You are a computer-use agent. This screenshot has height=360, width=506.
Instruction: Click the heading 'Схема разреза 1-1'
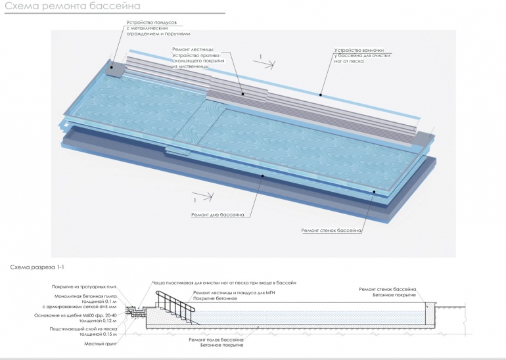tap(37, 267)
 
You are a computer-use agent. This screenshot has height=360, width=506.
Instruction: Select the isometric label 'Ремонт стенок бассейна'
tap(332, 231)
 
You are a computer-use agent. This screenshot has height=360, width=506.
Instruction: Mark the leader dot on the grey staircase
tap(242, 94)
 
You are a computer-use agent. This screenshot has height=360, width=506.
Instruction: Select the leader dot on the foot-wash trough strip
tap(321, 95)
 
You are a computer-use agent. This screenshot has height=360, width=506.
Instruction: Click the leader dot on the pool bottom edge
tap(263, 175)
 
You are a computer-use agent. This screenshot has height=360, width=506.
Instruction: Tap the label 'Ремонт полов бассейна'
tap(216, 339)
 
